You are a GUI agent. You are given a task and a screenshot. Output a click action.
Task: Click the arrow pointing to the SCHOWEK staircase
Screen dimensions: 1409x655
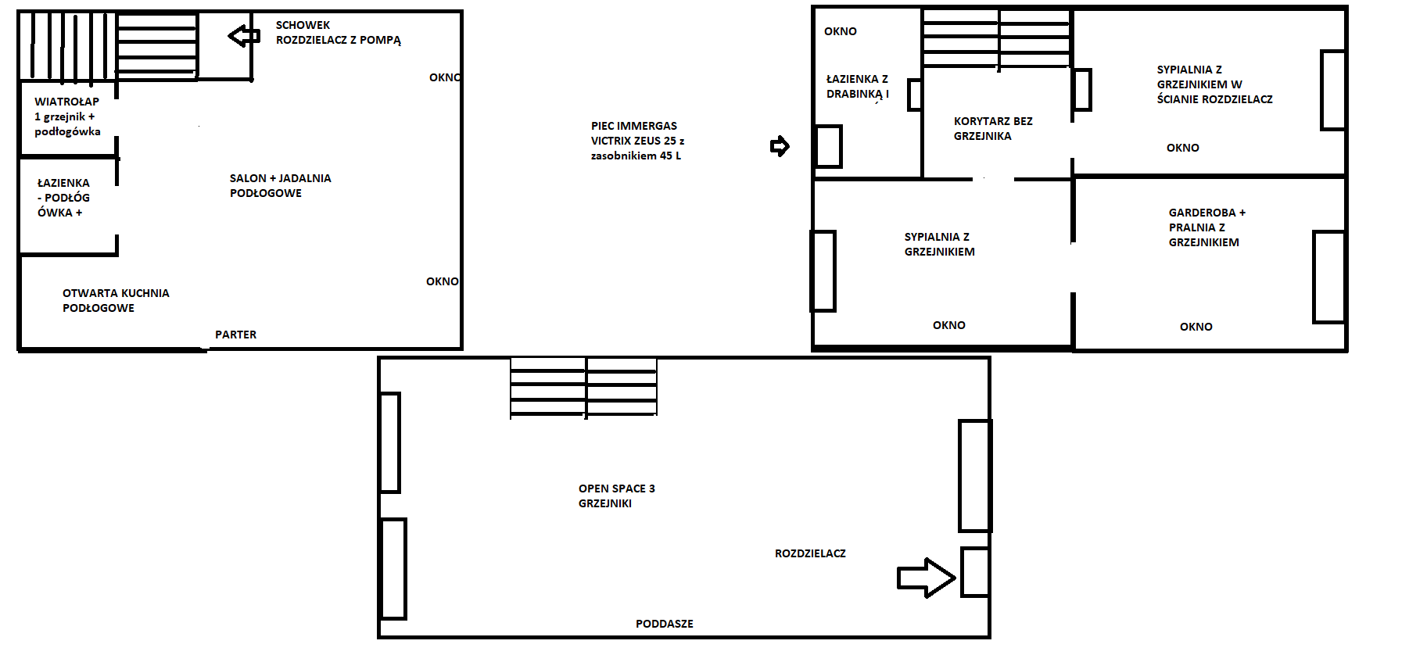(244, 35)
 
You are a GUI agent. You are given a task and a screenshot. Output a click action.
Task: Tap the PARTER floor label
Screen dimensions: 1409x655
(235, 335)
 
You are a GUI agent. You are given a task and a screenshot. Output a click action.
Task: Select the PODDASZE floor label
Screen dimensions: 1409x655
(665, 624)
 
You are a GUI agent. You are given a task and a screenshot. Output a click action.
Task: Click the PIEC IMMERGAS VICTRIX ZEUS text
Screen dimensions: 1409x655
(637, 141)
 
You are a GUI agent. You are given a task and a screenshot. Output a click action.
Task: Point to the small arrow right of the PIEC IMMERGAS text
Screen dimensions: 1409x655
(780, 146)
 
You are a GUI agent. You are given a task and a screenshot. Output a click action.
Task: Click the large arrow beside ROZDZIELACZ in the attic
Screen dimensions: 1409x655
(926, 578)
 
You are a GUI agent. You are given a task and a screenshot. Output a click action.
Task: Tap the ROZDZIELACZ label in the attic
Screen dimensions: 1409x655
(810, 553)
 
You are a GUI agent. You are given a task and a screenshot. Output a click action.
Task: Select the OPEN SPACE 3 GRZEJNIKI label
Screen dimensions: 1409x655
(617, 496)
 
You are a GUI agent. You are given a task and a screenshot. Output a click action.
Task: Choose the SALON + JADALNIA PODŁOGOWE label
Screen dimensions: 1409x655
(280, 185)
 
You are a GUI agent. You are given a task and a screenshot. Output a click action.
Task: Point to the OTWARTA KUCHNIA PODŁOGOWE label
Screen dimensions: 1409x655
(116, 300)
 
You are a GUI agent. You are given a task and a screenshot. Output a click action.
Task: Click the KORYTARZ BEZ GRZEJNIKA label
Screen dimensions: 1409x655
(993, 128)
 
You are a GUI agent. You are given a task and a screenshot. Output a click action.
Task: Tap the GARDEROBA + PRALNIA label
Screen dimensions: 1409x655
(1206, 227)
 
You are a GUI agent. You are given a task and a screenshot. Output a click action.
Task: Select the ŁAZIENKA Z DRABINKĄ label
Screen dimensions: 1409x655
(858, 87)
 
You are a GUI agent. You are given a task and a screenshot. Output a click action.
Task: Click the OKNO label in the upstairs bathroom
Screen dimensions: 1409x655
(841, 31)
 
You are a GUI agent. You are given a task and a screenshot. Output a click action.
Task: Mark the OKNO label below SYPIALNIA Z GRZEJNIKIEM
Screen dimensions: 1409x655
(949, 325)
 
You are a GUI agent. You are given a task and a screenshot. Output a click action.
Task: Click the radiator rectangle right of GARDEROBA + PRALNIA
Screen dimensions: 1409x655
(1328, 277)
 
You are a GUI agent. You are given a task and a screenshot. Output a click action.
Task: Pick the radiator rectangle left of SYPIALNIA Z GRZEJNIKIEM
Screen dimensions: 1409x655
(823, 271)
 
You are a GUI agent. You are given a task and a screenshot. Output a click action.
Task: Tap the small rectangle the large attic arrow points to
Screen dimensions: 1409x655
(975, 572)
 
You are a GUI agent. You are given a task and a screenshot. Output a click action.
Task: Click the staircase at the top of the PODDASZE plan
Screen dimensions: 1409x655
(583, 387)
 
